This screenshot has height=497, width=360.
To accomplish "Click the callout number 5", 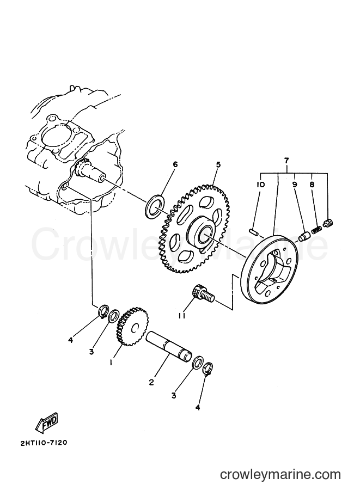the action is (x=218, y=164).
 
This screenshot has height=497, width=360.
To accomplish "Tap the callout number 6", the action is (x=175, y=164).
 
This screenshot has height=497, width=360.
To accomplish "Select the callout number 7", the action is (x=286, y=161).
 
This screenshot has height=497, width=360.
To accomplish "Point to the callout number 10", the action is (x=261, y=184).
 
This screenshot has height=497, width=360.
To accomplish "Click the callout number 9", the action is (x=295, y=184).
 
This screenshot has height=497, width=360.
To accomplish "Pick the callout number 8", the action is (x=312, y=184).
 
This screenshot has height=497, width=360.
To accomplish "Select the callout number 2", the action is (x=151, y=383).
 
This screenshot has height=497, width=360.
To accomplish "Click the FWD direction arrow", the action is (x=48, y=424).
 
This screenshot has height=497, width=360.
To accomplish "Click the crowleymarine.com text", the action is (x=280, y=475).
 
